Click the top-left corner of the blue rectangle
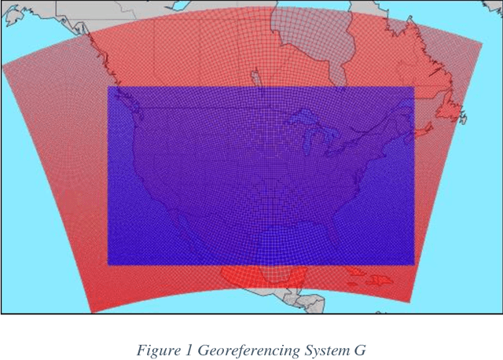point(108,86)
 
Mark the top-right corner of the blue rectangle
point(414,86)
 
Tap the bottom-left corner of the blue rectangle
point(108,265)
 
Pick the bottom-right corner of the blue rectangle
point(414,265)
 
